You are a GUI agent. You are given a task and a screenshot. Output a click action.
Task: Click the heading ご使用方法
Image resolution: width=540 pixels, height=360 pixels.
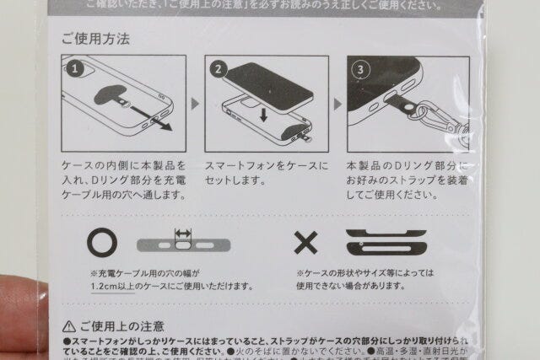(x=94, y=39)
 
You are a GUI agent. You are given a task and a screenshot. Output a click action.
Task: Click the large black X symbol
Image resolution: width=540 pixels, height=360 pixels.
(x=306, y=243)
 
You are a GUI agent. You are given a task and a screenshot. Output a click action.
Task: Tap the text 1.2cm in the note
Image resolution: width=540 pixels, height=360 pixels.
(x=108, y=288)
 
